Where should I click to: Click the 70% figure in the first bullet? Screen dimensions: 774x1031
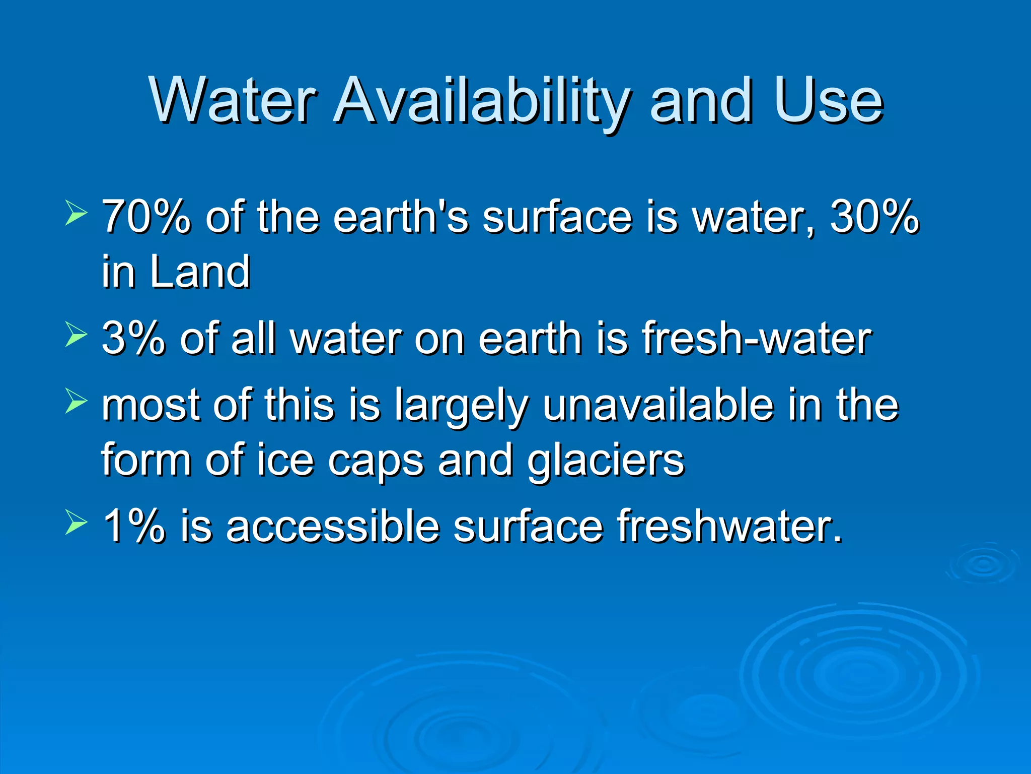[146, 217]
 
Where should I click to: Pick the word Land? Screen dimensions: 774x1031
[200, 272]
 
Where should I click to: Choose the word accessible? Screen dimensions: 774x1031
[333, 527]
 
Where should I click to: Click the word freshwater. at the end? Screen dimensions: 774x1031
[730, 527]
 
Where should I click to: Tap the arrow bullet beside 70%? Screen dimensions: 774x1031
[76, 212]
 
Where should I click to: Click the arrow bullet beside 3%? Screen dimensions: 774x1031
[76, 335]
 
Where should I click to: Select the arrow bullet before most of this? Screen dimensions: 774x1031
[76, 402]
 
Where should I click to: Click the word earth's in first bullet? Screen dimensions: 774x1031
[401, 217]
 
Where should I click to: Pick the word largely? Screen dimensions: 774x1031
[461, 406]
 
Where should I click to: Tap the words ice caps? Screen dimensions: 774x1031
[340, 461]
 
